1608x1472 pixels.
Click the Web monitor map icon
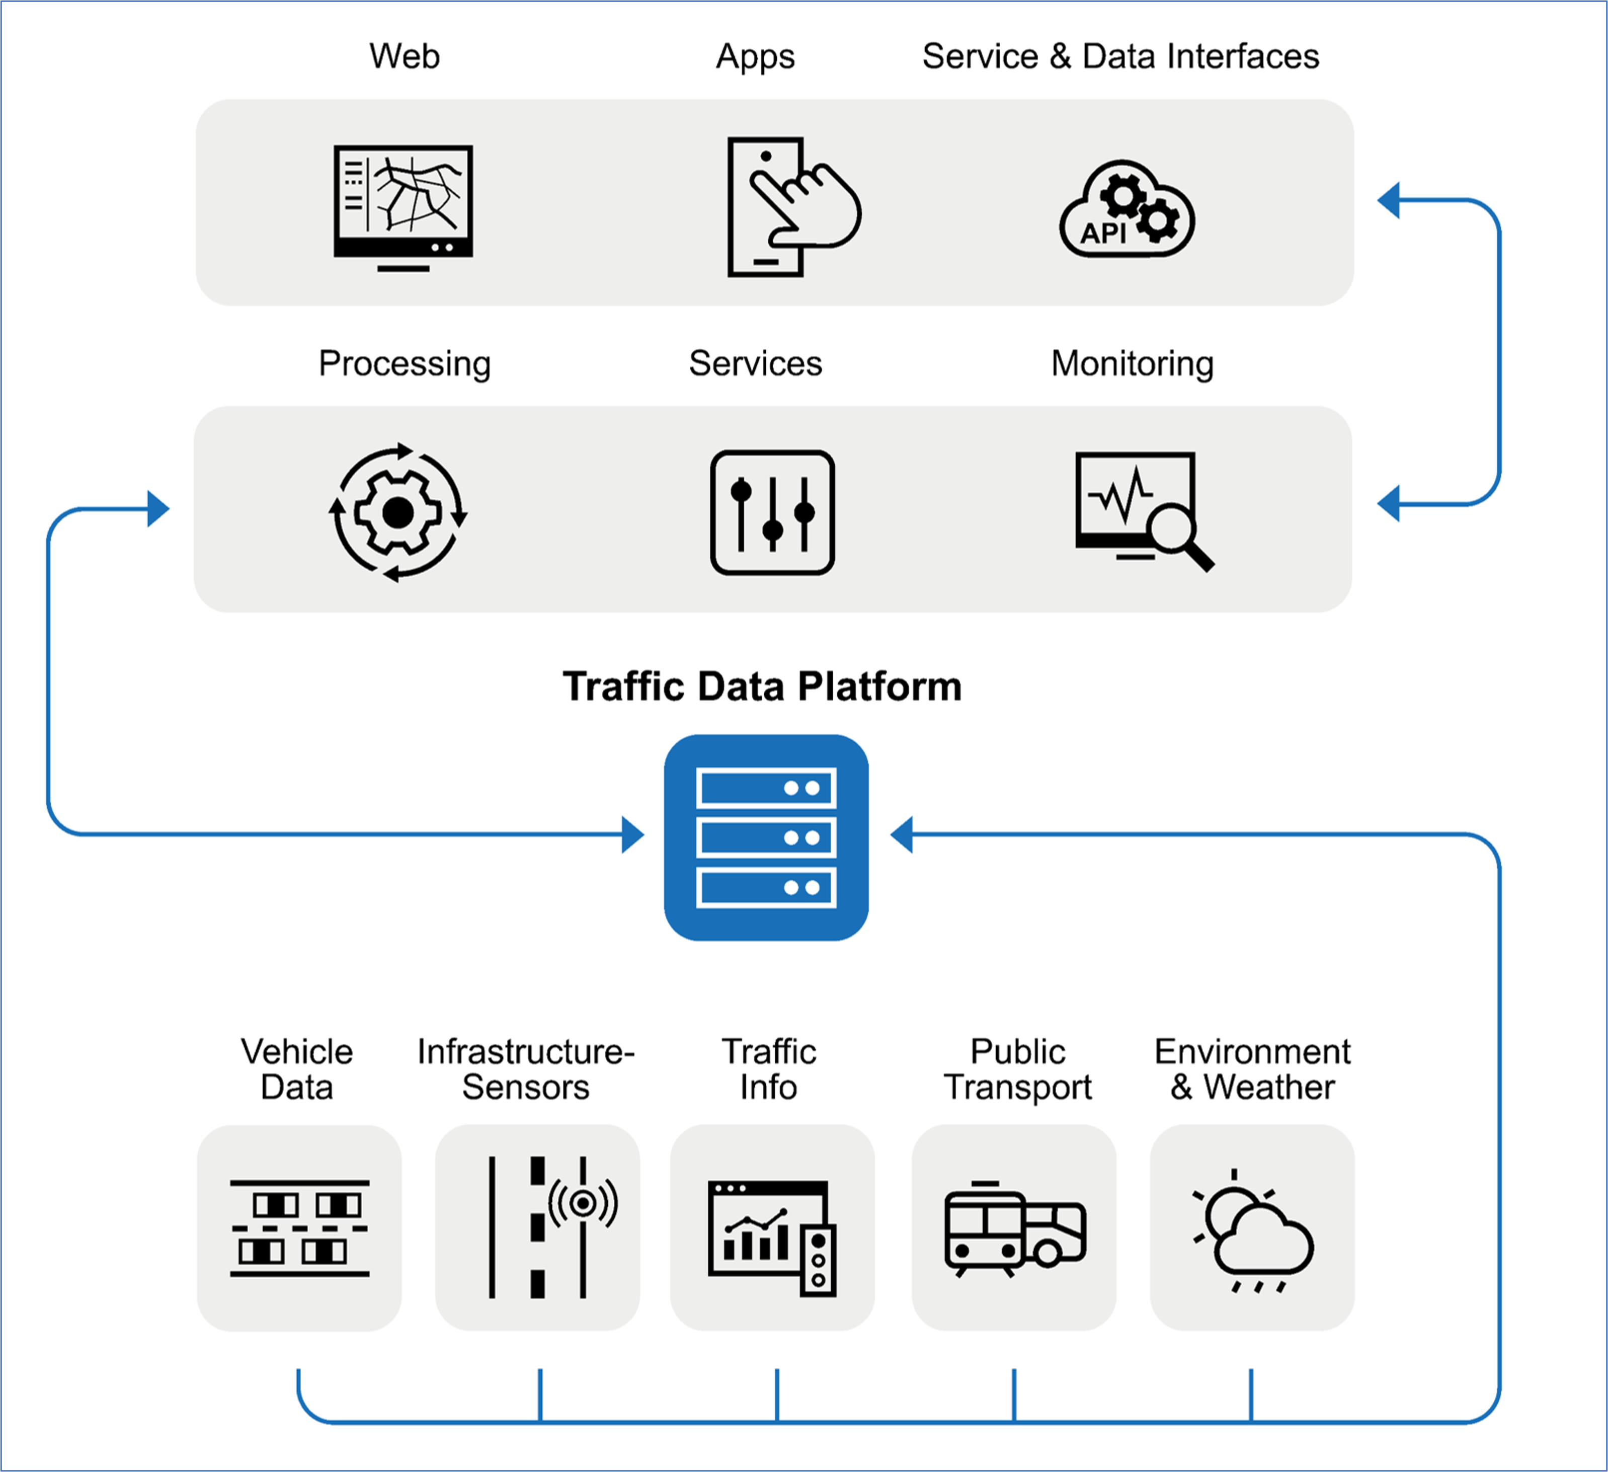403,206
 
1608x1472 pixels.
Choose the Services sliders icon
772,512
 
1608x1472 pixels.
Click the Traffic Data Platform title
762,686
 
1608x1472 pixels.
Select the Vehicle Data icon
299,1228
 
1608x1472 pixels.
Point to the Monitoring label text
1132,364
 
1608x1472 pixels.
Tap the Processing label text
405,364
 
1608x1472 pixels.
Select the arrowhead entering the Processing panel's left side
158,508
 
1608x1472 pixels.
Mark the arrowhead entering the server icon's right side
901,834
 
